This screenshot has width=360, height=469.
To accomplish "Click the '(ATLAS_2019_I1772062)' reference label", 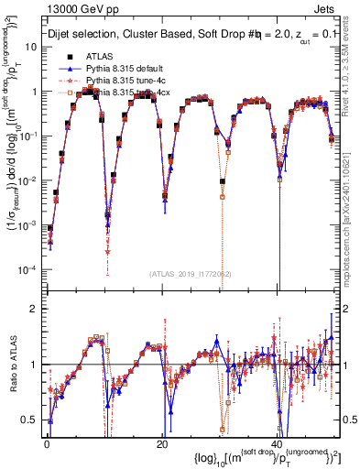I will coord(191,274).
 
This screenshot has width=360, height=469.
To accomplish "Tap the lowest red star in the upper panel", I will coord(108,252).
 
